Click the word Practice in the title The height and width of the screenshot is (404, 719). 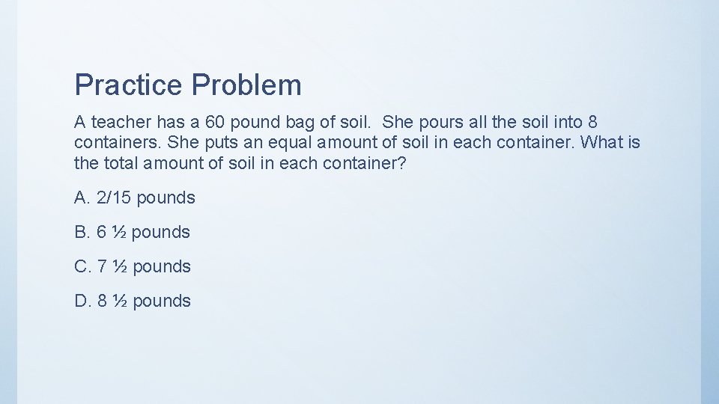tap(128, 85)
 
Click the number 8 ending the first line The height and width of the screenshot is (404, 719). tap(592, 122)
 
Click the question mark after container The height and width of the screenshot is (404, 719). tap(401, 162)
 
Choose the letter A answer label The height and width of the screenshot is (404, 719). tap(81, 198)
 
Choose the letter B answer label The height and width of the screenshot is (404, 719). tap(81, 233)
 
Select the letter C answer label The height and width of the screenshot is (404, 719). tap(82, 267)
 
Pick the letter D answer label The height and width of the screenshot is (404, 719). tap(82, 302)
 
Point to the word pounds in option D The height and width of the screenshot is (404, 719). tap(161, 302)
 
